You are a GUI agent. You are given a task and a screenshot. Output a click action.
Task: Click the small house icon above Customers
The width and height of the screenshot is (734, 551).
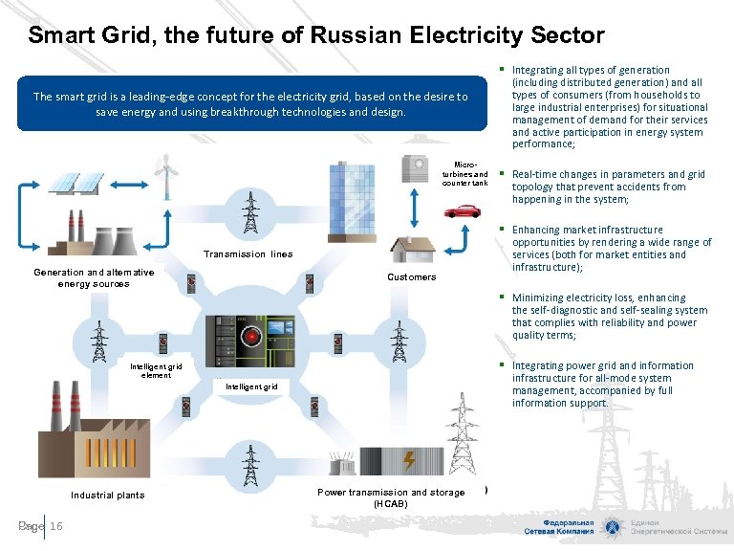pyautogui.click(x=411, y=249)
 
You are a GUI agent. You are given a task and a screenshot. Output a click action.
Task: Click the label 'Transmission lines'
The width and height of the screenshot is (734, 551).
pyautogui.click(x=248, y=253)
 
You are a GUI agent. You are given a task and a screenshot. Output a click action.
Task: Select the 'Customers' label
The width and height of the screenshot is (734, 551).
pyautogui.click(x=411, y=277)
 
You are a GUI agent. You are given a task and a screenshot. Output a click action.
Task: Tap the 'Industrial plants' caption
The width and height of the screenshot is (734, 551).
pyautogui.click(x=108, y=495)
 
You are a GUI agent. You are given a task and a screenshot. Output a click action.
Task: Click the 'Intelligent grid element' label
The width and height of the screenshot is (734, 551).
pyautogui.click(x=156, y=370)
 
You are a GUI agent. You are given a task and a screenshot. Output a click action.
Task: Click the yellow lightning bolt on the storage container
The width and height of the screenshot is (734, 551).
pyautogui.click(x=409, y=459)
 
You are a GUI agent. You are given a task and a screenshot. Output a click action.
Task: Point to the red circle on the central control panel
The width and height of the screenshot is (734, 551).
pyautogui.click(x=253, y=337)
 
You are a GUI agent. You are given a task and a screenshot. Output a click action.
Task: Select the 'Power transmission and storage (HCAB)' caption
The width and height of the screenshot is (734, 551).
pyautogui.click(x=391, y=497)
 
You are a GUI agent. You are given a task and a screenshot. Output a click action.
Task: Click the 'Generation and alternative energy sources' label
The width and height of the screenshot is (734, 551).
pyautogui.click(x=94, y=277)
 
